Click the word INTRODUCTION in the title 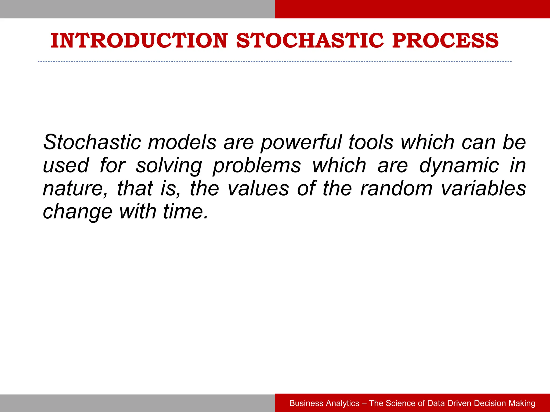139,41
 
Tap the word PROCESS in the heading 445,41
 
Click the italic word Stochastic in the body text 92,142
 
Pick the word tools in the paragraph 371,142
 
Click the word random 396,189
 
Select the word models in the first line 182,142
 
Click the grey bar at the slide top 137,9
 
